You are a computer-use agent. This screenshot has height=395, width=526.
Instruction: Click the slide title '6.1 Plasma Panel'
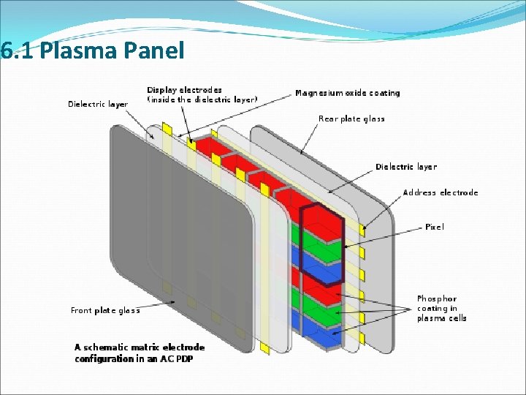coord(92,50)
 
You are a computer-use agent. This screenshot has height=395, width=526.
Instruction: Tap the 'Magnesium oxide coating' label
coord(348,93)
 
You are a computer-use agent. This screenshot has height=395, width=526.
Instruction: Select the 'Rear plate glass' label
coord(351,118)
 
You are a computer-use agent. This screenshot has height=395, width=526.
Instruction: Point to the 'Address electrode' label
coord(441,192)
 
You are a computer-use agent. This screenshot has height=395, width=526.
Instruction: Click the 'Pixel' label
coord(434,227)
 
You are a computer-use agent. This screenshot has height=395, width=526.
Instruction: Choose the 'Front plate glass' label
coord(105,310)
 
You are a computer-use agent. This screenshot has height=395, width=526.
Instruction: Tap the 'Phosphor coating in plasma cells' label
coord(441,308)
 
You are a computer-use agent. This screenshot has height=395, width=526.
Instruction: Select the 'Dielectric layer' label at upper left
coord(98,104)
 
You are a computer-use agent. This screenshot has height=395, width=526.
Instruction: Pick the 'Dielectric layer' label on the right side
coord(406,167)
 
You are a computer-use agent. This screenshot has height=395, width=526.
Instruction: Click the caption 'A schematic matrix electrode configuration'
coord(140,353)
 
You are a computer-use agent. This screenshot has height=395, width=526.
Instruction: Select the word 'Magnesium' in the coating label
coord(319,93)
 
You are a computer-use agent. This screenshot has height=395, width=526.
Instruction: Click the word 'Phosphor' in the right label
coord(437,298)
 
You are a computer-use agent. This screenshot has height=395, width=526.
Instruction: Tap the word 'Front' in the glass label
coord(82,310)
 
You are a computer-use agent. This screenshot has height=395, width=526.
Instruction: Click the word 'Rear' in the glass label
coord(327,118)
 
